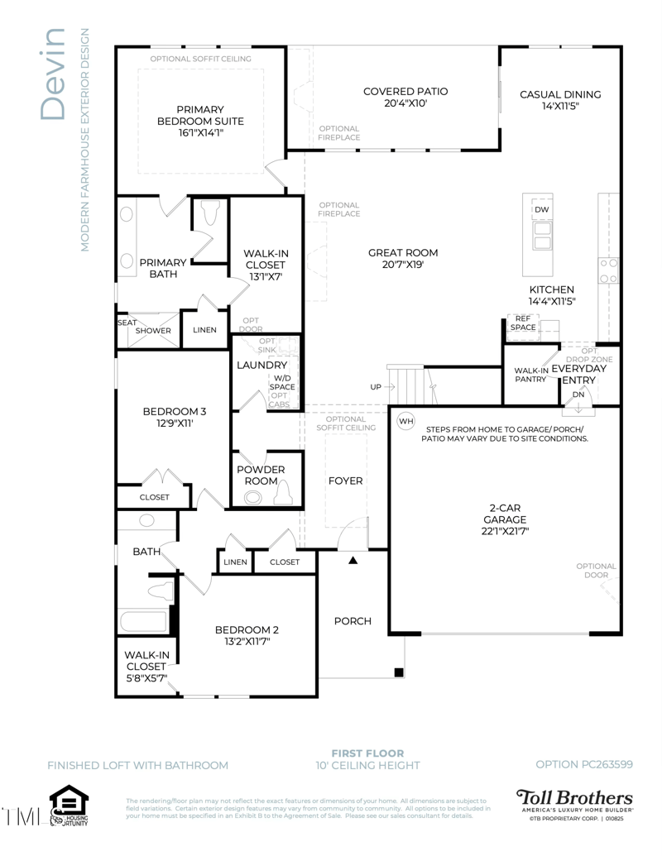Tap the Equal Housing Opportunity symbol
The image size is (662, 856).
(69, 805)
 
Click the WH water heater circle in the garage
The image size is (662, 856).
(405, 421)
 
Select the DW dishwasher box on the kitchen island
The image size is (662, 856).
(541, 210)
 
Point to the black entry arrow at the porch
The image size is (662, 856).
(353, 561)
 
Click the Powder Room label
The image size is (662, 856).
(261, 475)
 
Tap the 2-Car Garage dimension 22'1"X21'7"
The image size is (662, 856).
(504, 532)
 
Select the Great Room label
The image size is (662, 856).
(403, 253)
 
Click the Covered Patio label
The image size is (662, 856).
(405, 91)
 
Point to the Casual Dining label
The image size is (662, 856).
(560, 94)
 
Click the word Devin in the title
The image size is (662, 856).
(52, 74)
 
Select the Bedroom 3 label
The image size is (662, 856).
(174, 411)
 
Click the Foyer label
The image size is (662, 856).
(345, 481)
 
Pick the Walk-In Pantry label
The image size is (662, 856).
(530, 375)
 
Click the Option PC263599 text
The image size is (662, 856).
(583, 764)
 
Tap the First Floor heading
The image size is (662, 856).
(367, 753)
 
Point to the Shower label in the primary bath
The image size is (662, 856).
(153, 330)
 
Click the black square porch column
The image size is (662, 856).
(399, 671)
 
